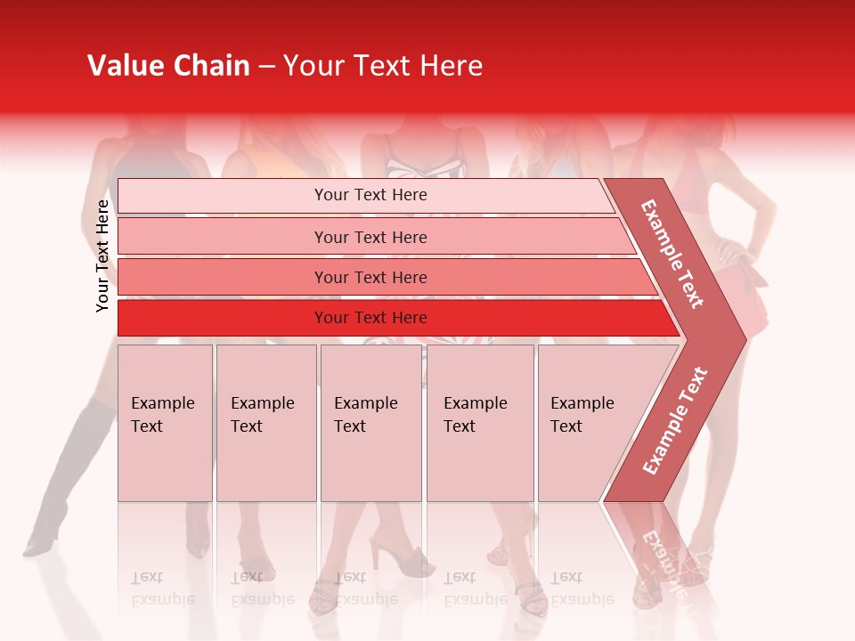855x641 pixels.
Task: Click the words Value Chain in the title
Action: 168,66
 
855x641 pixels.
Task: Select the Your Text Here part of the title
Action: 383,66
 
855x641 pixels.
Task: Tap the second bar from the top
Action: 370,237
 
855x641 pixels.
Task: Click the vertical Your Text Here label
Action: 102,256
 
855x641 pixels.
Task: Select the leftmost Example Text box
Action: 165,423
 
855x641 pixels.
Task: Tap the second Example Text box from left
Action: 265,423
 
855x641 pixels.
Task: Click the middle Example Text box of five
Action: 370,423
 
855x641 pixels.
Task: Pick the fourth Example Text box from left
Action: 479,423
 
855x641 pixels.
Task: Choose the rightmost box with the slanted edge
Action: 588,423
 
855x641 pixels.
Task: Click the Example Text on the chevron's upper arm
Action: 672,254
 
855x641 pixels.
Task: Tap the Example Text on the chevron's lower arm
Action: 675,420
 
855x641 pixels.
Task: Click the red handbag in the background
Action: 746,298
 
